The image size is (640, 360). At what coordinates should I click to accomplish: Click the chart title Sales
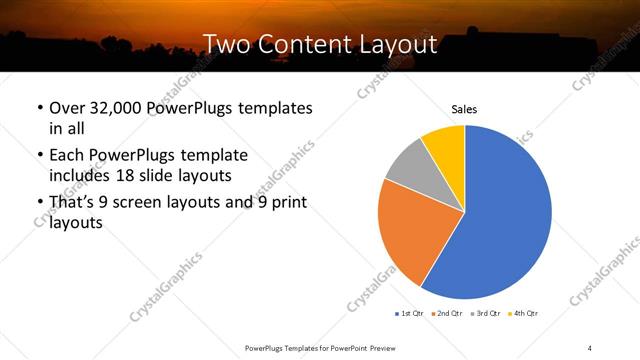[x=464, y=108]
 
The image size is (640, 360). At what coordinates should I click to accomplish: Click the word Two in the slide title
[x=225, y=43]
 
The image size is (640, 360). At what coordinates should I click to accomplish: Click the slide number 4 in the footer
[x=590, y=347]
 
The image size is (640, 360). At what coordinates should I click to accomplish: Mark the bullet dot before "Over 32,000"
[x=39, y=108]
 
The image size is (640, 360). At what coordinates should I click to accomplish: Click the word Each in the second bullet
[x=67, y=155]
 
